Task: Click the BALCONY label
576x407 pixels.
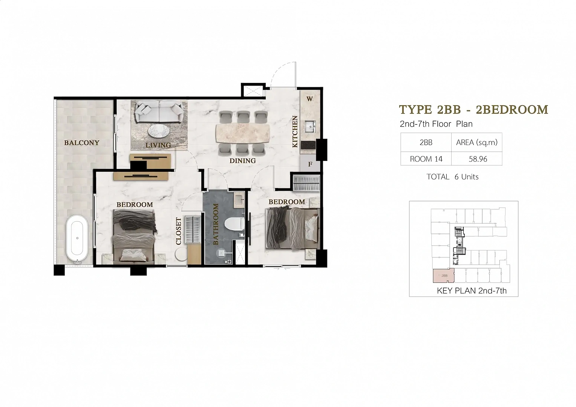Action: tap(81, 143)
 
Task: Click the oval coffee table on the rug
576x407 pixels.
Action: tap(159, 132)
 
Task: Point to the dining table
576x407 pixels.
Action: tap(243, 133)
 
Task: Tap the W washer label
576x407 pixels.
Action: tap(309, 99)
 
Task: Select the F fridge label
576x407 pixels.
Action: tap(310, 164)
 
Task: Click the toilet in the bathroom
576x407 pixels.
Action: tap(234, 224)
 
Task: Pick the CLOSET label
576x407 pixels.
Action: tap(179, 231)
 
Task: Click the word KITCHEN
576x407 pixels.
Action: tap(295, 132)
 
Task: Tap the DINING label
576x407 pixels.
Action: tap(242, 161)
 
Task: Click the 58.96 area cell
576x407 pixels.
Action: tap(478, 159)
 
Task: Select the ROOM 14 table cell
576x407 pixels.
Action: tap(426, 159)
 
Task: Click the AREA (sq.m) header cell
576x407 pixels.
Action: tap(477, 142)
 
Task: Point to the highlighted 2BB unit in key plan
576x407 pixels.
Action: tap(444, 275)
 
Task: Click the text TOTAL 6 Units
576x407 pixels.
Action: tap(453, 177)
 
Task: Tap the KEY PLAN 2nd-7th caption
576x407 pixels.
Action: tap(472, 291)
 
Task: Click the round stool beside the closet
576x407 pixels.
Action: tap(181, 254)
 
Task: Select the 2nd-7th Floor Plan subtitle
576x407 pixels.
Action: tap(436, 124)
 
